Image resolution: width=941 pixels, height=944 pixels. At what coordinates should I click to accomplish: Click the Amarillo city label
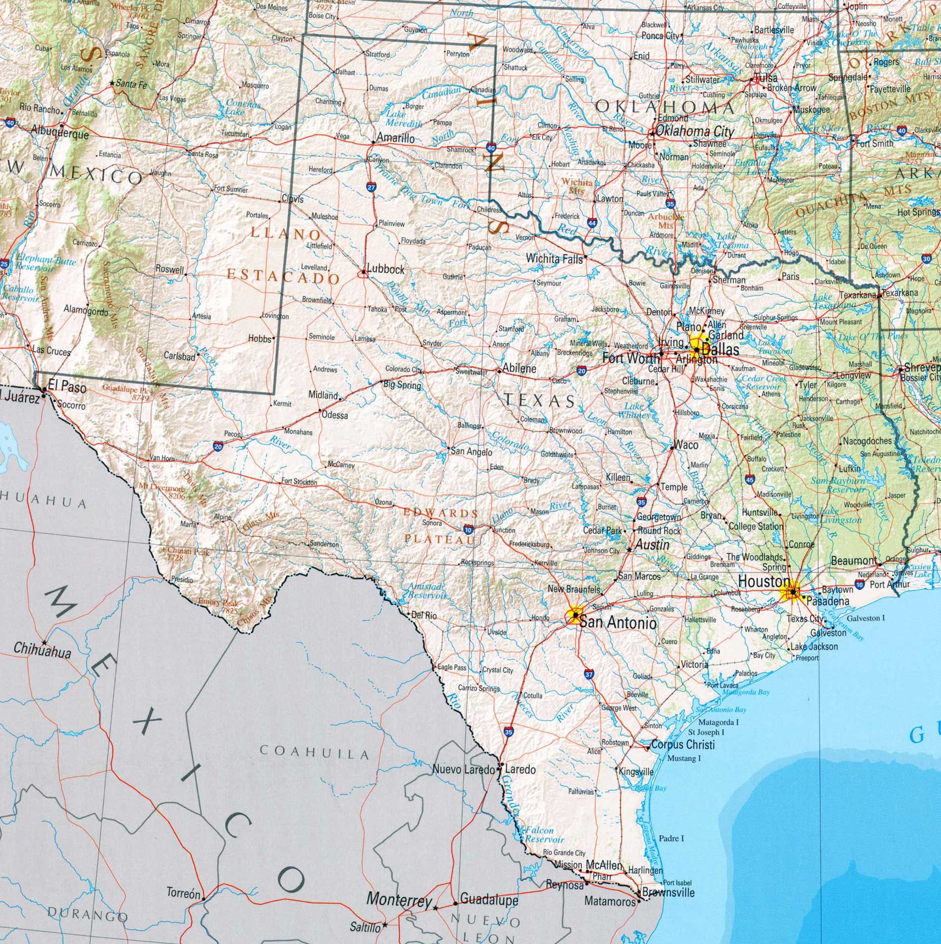(x=395, y=138)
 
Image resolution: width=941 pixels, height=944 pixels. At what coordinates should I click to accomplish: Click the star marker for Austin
(x=629, y=550)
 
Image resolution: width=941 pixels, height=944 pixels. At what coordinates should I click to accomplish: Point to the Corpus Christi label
(x=683, y=744)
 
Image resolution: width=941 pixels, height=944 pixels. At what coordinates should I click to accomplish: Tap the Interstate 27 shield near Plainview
(x=371, y=187)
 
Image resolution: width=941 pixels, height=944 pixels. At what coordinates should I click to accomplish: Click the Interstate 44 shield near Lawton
(x=592, y=223)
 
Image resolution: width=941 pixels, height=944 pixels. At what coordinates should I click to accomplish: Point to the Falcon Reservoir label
(x=544, y=835)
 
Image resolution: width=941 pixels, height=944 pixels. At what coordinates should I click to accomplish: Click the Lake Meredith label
(x=404, y=119)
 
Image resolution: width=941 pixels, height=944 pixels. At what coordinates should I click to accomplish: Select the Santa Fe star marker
(x=112, y=84)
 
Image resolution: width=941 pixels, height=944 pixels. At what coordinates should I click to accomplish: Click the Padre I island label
(x=671, y=838)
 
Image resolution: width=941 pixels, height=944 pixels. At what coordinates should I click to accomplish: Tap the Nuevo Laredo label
(x=464, y=770)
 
